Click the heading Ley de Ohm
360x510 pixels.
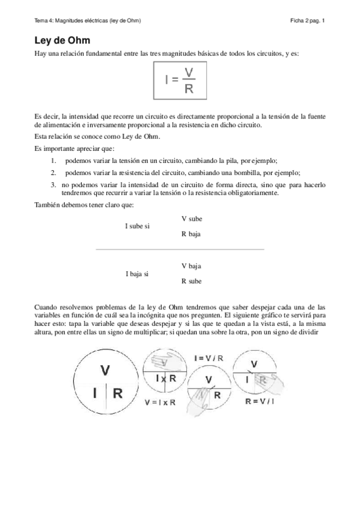click(63, 41)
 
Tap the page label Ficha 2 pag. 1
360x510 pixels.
click(307, 20)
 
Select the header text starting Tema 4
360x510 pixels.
click(88, 20)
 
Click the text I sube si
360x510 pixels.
click(137, 227)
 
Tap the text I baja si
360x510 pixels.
click(137, 274)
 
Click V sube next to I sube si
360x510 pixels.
click(191, 219)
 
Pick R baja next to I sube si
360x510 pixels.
click(191, 235)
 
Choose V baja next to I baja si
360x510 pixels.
click(191, 266)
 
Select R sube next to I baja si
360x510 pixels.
click(191, 281)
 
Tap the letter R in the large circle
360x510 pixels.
click(118, 394)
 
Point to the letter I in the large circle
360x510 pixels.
click(94, 394)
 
